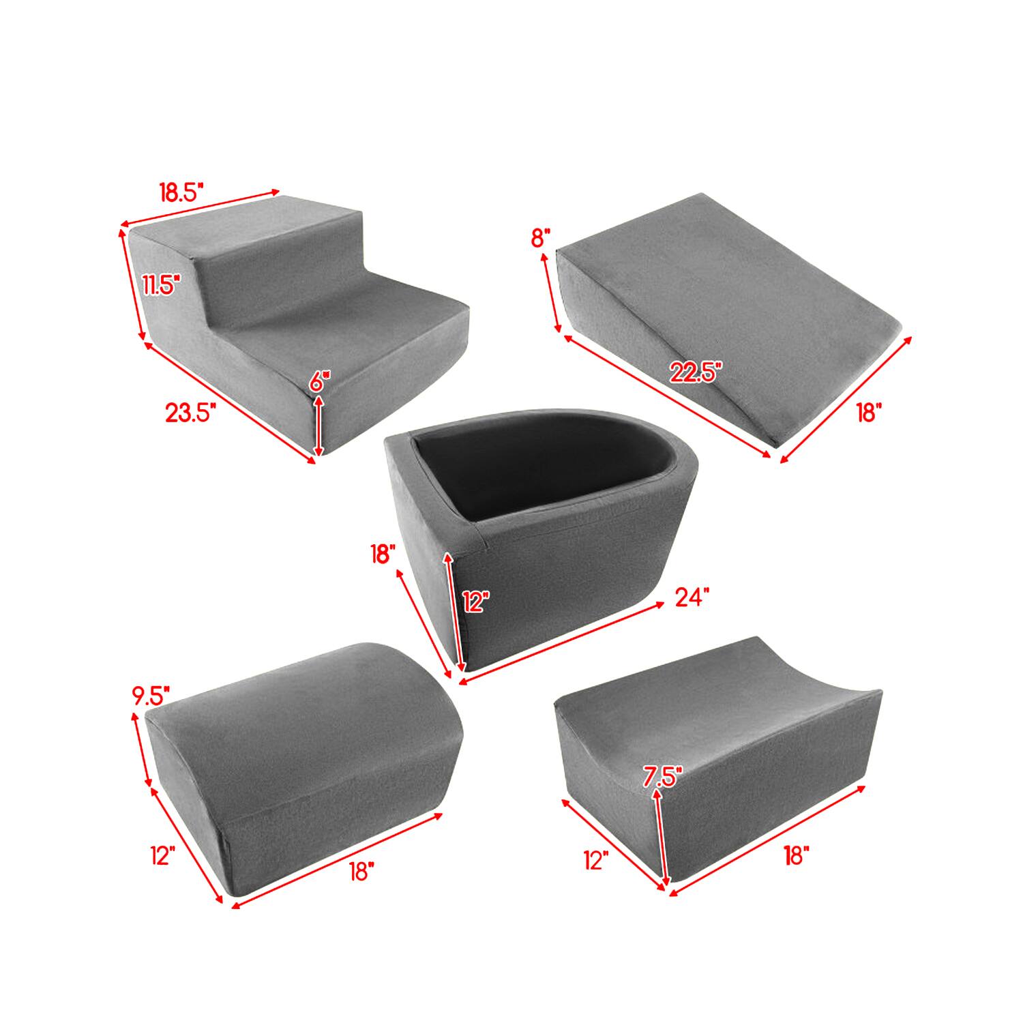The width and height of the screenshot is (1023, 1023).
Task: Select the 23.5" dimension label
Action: [x=191, y=413]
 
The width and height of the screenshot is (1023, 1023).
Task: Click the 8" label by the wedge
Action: [x=540, y=238]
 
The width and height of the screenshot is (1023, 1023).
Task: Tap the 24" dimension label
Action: [x=693, y=598]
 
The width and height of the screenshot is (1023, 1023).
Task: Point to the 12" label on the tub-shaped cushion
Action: [x=476, y=602]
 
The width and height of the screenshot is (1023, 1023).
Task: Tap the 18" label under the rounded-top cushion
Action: [x=361, y=871]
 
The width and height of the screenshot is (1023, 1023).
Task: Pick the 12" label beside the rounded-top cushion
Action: [x=163, y=855]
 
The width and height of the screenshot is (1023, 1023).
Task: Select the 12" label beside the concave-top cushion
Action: [x=596, y=860]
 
